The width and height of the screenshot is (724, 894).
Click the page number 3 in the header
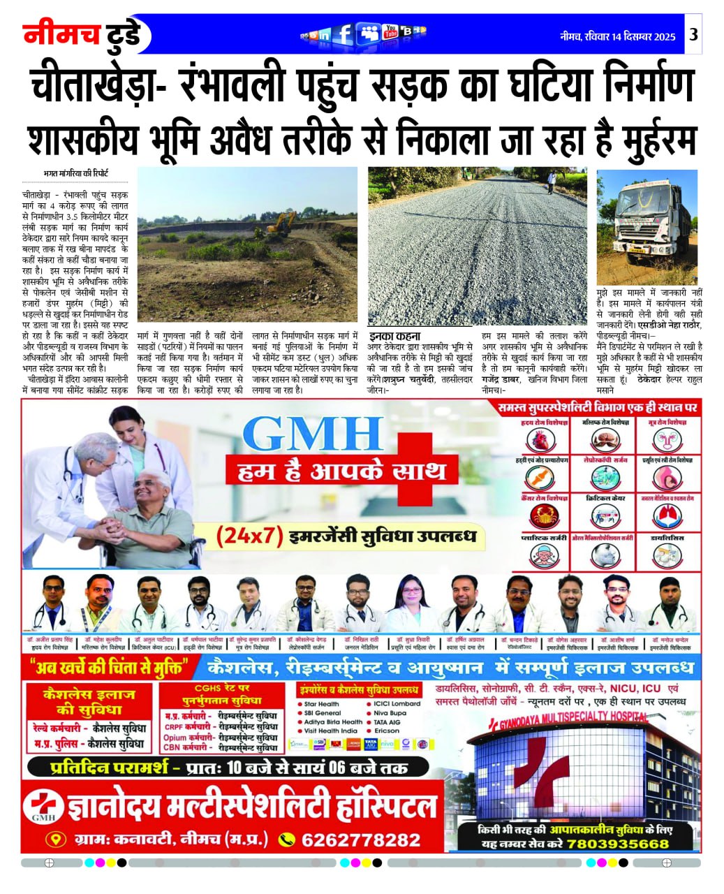point(693,35)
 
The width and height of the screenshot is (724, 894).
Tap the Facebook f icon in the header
point(343,34)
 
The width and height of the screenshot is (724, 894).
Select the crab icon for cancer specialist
point(538,517)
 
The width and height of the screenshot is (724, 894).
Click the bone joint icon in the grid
point(538,478)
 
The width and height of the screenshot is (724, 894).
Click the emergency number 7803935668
point(618,843)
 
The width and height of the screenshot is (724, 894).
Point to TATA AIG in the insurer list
point(389,721)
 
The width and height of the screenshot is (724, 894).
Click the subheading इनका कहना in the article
point(394,335)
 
